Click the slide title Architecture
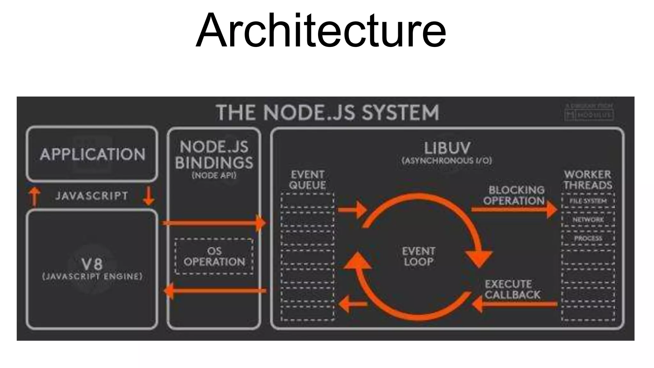321,30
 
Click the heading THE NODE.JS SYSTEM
328,112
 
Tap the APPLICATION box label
92,154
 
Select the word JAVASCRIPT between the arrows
92,195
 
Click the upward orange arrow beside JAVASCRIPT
34,196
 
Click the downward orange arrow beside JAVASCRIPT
148,196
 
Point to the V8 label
92,264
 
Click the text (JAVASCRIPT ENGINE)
92,276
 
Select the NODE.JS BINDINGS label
214,155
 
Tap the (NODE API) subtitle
214,175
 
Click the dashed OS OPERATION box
214,257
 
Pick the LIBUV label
447,148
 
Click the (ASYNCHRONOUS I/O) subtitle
447,161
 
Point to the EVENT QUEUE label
308,180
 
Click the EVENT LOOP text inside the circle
418,256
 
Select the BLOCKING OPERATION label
514,195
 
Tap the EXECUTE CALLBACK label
513,289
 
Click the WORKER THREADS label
588,180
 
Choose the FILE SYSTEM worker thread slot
588,201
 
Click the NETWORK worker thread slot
588,220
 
